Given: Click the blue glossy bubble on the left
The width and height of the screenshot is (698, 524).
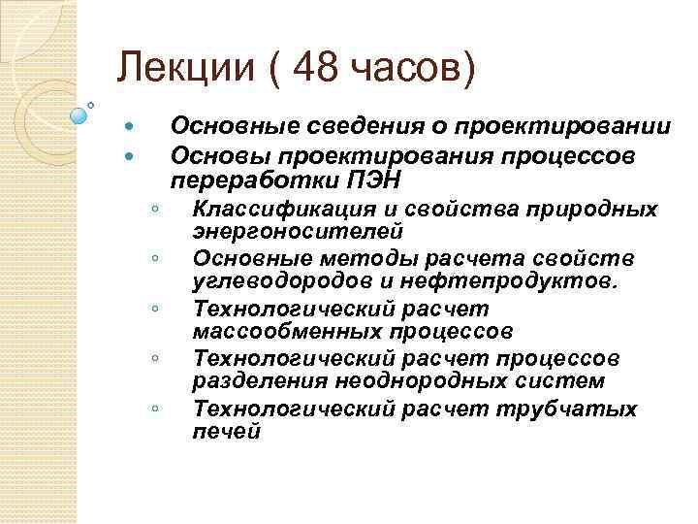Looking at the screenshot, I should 79,115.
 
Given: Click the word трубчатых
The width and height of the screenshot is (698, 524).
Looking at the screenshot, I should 580,409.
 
